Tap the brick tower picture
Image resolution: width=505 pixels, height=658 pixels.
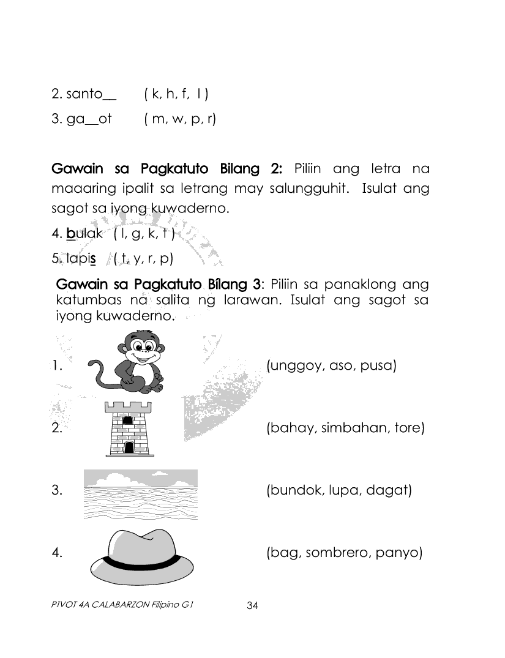pos(128,428)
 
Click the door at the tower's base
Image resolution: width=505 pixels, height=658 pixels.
pos(129,447)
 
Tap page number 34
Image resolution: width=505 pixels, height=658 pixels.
pos(252,606)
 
